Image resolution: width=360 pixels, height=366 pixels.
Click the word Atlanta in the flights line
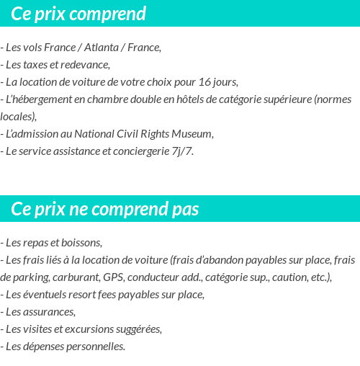tap(102, 48)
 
